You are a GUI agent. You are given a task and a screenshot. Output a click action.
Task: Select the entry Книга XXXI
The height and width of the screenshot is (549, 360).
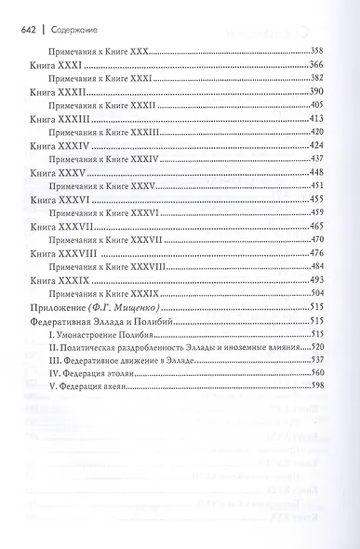(x=57, y=67)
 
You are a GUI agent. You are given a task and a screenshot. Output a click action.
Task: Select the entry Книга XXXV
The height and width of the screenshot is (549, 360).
(x=59, y=173)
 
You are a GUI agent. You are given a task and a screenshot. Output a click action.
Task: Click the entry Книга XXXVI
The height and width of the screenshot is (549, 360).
(x=60, y=200)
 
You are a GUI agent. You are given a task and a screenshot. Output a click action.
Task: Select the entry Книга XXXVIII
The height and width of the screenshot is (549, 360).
(x=64, y=253)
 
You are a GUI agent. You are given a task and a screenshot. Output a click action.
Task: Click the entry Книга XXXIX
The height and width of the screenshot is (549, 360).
(x=60, y=280)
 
